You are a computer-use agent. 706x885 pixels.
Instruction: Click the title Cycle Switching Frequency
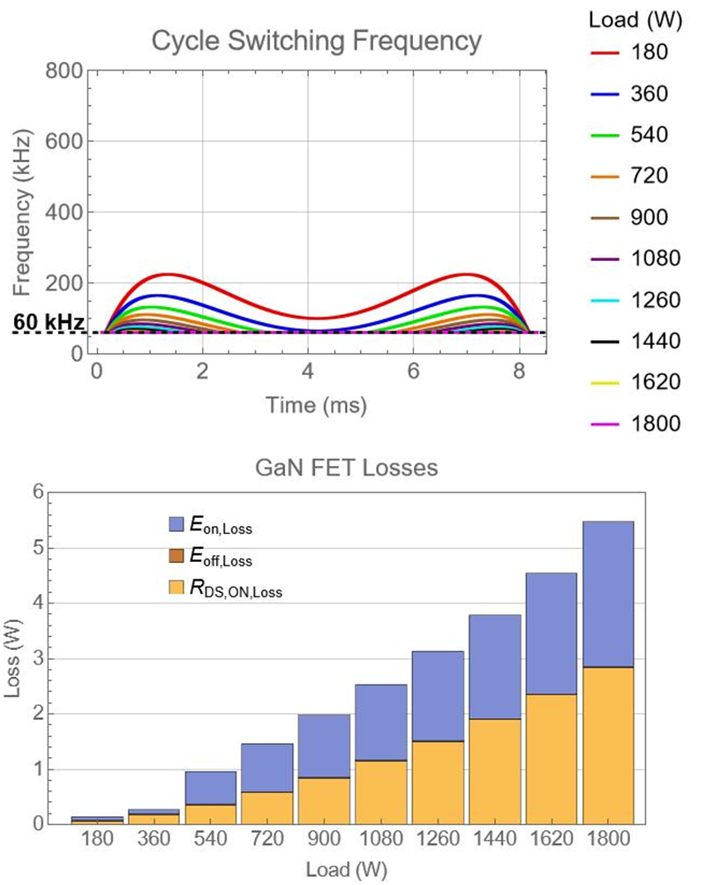click(316, 41)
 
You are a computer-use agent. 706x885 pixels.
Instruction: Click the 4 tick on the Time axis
click(308, 371)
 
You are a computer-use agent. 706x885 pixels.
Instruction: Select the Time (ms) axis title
click(317, 405)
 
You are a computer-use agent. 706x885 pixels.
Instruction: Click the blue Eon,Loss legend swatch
click(174, 525)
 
